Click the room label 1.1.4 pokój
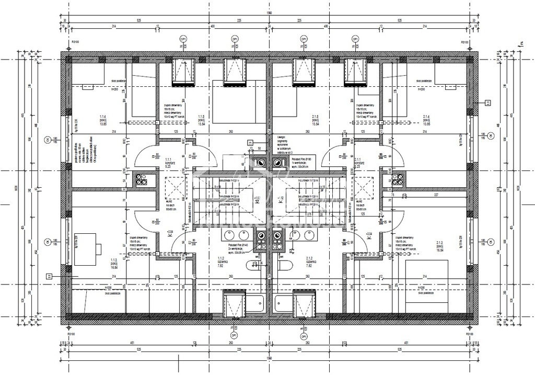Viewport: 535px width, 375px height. click(x=103, y=120)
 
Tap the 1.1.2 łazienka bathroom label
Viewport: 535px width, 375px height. click(x=220, y=262)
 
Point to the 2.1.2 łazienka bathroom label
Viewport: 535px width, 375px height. click(x=309, y=262)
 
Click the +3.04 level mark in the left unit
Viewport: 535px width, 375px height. click(x=169, y=231)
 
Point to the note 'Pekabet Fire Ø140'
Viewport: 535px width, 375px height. click(x=238, y=244)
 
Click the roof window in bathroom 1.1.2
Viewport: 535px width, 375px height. click(x=234, y=303)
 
